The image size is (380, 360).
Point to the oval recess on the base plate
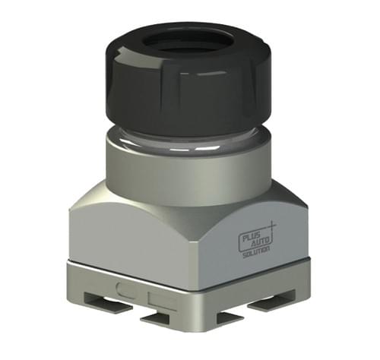click(x=128, y=288)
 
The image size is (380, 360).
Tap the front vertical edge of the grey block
click(x=189, y=251)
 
